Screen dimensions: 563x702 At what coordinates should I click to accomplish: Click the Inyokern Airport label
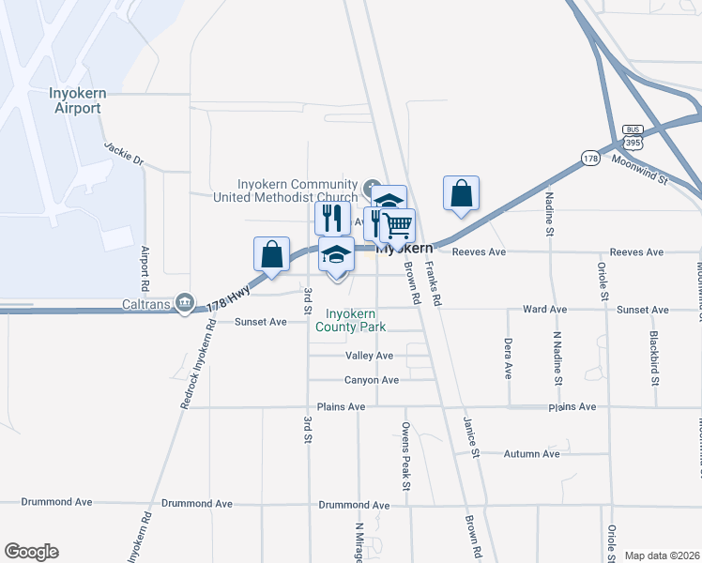(75, 101)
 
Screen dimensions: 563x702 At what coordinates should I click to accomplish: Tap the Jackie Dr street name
(124, 154)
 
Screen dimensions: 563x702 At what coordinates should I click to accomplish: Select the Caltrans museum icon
(185, 302)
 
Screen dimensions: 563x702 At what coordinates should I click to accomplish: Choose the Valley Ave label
(370, 357)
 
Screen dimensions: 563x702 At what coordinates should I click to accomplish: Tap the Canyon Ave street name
(372, 380)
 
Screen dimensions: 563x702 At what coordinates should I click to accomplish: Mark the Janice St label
(471, 438)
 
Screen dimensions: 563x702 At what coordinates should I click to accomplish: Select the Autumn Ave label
(531, 454)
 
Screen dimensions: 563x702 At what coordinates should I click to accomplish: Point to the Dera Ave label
(508, 358)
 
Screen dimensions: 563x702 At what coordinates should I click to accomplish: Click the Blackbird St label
(655, 358)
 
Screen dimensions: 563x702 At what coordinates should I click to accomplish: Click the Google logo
(31, 552)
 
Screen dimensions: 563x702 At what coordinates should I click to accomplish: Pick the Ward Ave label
(545, 309)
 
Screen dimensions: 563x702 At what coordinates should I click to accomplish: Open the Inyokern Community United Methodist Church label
(285, 190)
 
